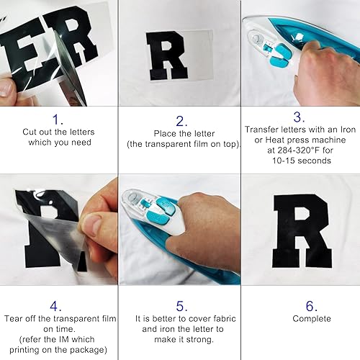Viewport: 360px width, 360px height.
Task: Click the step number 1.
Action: (59, 119)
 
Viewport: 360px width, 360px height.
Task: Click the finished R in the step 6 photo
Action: (301, 231)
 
